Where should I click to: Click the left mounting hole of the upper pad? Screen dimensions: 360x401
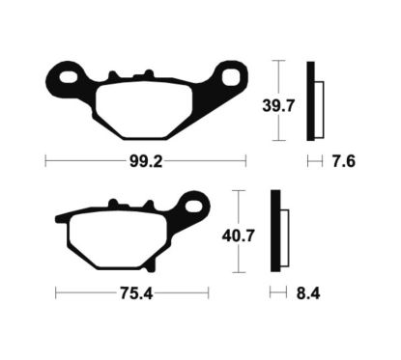click(x=65, y=75)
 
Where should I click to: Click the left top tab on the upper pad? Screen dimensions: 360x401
click(x=115, y=76)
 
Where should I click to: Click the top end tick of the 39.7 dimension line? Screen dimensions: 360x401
click(x=276, y=60)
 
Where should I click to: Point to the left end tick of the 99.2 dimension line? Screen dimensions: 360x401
click(x=45, y=162)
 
